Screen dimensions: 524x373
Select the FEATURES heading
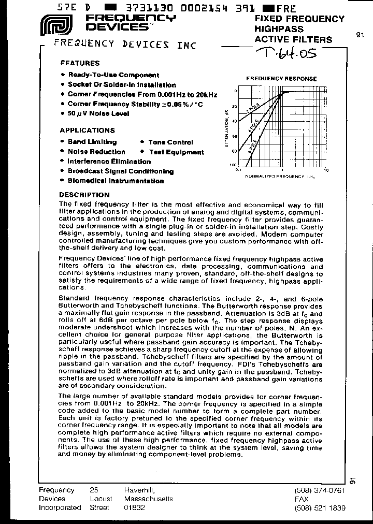click(x=80, y=63)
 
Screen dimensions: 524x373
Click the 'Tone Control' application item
click(x=170, y=142)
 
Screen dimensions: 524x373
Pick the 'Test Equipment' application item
click(x=176, y=152)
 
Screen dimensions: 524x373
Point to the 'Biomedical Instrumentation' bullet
click(x=116, y=181)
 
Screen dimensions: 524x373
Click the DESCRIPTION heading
click(x=84, y=195)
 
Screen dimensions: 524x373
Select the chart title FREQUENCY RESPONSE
click(x=281, y=79)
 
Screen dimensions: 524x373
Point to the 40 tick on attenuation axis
click(x=234, y=121)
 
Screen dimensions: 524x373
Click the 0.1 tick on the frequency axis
click(x=239, y=169)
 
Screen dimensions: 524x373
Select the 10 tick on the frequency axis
click(x=326, y=169)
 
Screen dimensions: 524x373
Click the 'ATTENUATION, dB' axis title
click(x=226, y=128)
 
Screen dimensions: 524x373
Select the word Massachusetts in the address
click(x=149, y=499)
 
